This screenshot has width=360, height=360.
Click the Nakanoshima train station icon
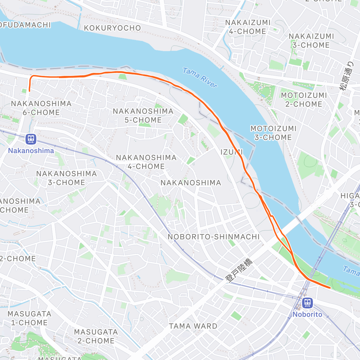pos(31,139)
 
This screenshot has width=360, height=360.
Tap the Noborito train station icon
pos(307,303)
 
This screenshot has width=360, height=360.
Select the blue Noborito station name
pos(307,314)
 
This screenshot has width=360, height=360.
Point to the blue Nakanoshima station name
pos(31,151)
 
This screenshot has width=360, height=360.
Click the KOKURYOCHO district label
pos(112,28)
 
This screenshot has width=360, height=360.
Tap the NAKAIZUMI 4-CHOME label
pos(248,27)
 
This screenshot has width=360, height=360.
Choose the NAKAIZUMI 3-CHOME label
pos(311,41)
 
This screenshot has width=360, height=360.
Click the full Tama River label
pos(200,78)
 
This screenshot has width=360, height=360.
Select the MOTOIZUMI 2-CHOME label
pos(304,100)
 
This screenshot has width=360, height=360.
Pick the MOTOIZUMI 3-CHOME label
pos(273,133)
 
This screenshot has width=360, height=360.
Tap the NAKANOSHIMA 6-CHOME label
pos(41,108)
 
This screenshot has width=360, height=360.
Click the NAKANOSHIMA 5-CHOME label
pos(143,115)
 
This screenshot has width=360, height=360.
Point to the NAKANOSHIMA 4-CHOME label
pos(146,162)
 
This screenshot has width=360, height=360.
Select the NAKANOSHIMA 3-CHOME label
pos(67,178)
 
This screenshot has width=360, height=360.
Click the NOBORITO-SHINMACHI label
pos(214,237)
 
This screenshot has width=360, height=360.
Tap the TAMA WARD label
pos(193,326)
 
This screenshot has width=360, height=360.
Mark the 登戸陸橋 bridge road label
pos(239,270)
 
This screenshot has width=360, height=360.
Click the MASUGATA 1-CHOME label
pos(29,318)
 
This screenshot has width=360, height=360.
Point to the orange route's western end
pos(29,90)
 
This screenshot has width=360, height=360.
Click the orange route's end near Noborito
pos(330,288)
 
